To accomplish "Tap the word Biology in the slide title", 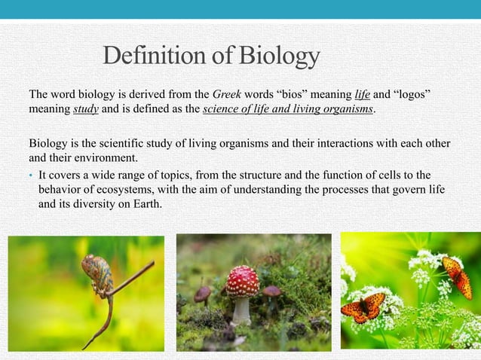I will click(280, 56).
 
